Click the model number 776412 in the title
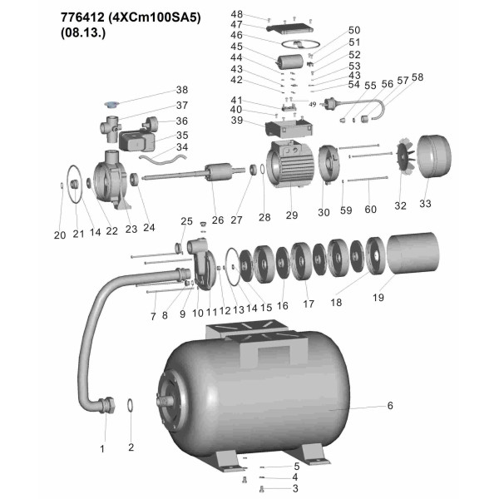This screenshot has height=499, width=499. [82, 17]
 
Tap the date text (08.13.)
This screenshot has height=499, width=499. [82, 32]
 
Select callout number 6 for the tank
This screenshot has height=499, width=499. [390, 406]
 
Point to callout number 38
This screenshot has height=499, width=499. [182, 90]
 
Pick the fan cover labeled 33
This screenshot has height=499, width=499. [434, 156]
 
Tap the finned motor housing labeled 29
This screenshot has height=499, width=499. [290, 164]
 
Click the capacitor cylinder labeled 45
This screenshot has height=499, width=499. [289, 62]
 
